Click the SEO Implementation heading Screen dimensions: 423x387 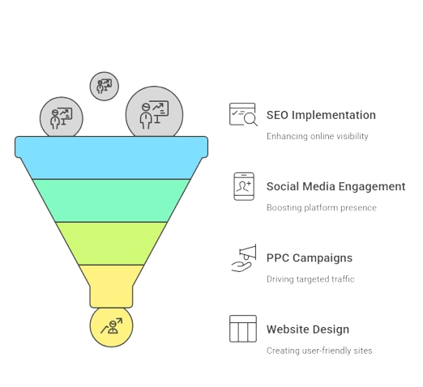tap(321, 115)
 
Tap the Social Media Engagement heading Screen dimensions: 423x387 tap(335, 187)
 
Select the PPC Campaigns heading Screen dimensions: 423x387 tap(310, 258)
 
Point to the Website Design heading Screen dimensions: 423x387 tap(308, 330)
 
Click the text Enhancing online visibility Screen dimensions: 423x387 tap(318, 136)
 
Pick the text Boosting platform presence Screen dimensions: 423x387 tap(322, 208)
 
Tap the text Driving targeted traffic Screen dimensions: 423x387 tap(310, 279)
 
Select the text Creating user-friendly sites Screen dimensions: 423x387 tap(319, 351)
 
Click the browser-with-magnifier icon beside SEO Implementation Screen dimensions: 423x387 tap(243, 114)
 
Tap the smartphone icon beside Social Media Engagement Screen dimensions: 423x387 tap(244, 186)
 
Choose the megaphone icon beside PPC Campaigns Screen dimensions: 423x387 tap(244, 258)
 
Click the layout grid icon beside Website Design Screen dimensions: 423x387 tap(243, 329)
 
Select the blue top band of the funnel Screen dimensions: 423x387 tap(111, 158)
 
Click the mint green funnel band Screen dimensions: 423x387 tap(111, 201)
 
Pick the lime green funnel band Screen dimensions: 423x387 tap(111, 244)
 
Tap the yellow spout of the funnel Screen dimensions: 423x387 tap(111, 286)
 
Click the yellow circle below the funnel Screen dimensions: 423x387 tap(111, 326)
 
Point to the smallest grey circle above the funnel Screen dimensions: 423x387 tap(105, 87)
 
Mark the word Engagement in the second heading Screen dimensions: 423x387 tap(372, 187)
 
